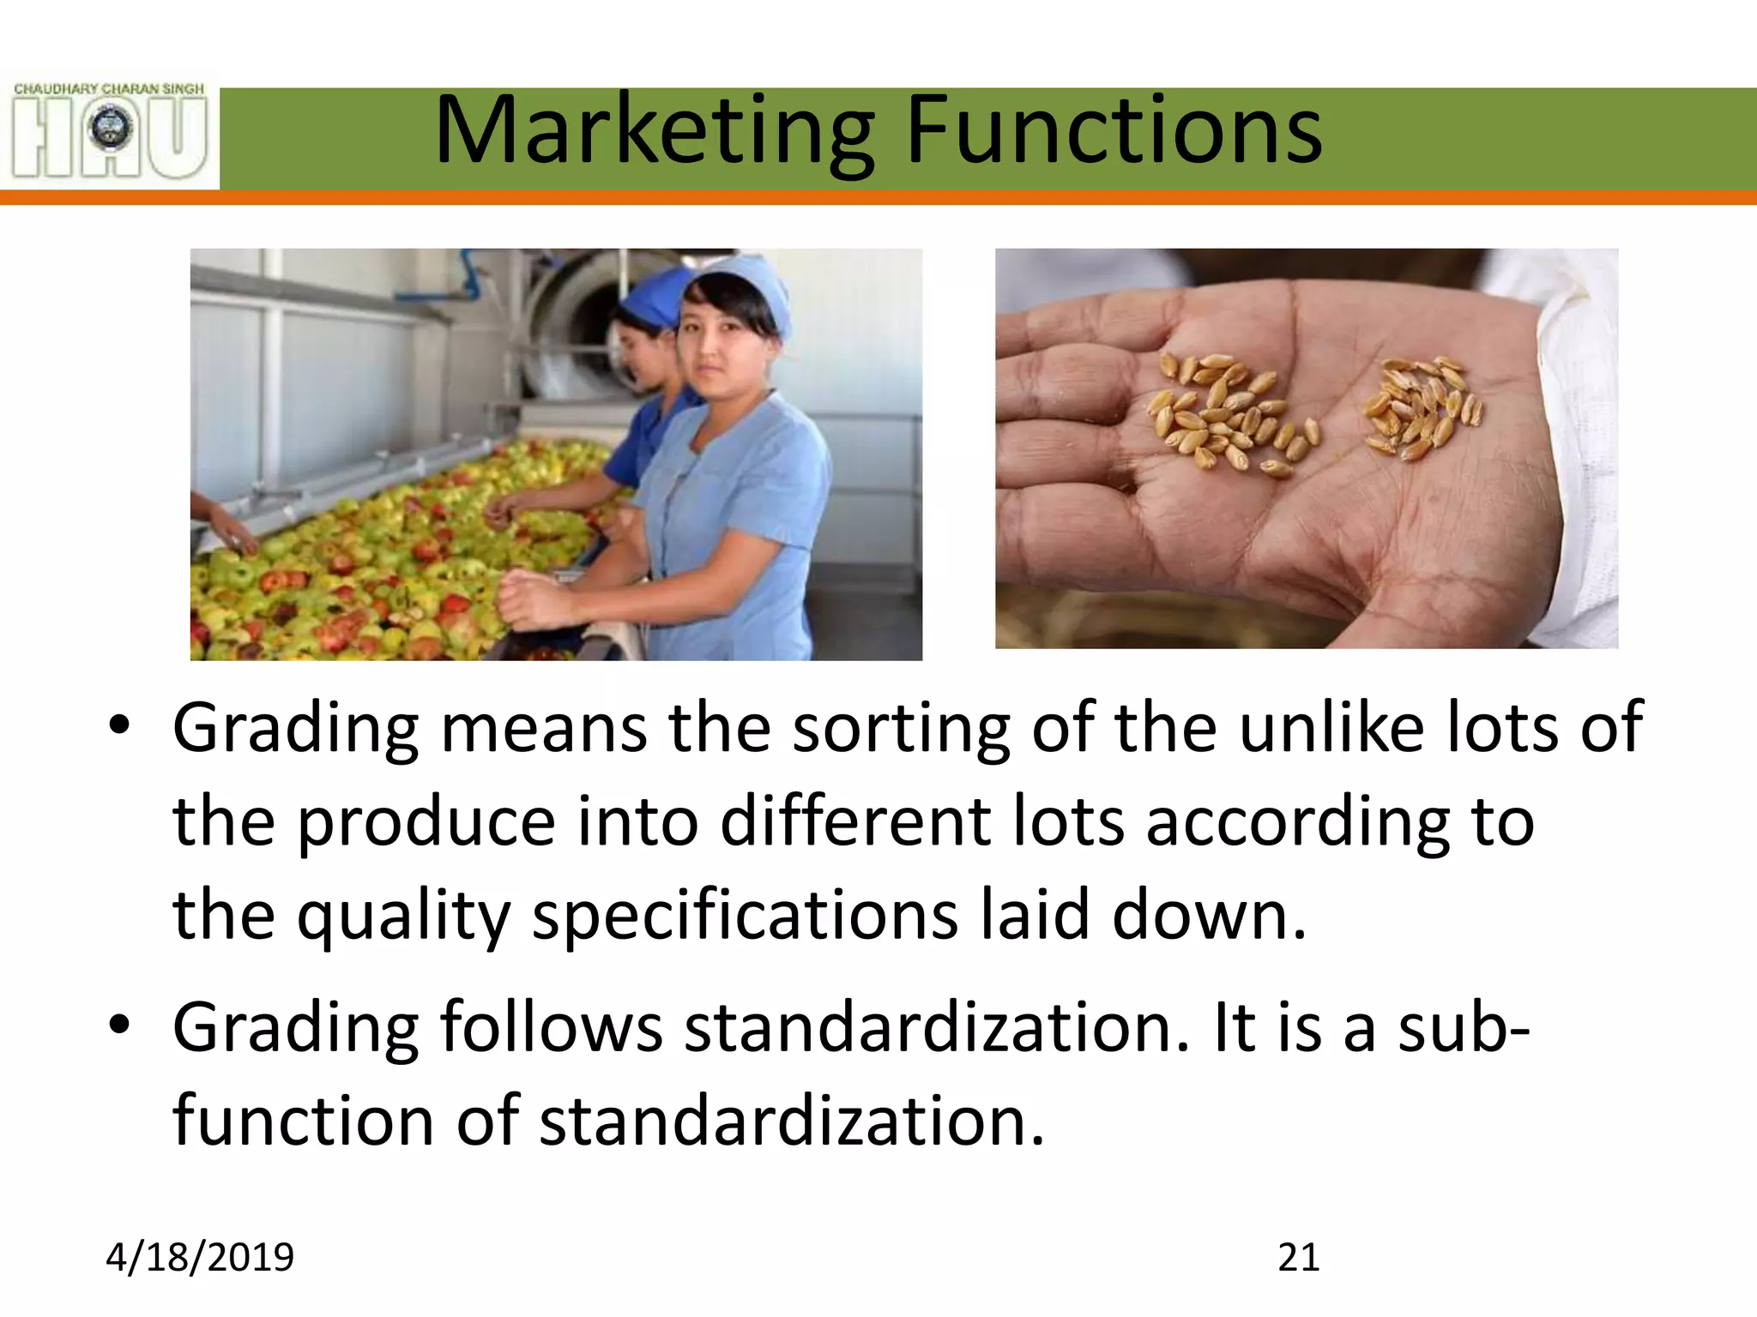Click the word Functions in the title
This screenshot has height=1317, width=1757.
[x=1114, y=130]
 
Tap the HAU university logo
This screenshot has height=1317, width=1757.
[x=110, y=130]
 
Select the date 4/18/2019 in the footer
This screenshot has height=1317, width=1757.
[x=200, y=1258]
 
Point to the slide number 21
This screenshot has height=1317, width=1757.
[x=1298, y=1258]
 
